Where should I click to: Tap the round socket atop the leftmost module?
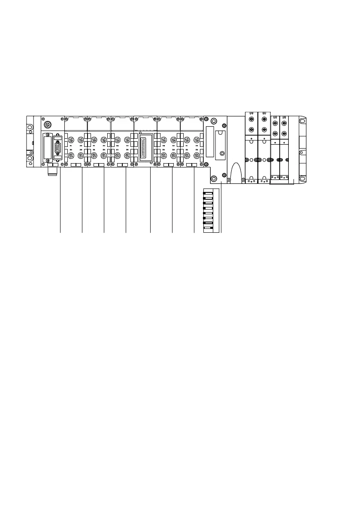48,122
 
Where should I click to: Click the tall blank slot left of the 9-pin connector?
47,146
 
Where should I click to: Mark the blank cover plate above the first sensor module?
76,124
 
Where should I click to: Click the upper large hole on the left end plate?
30,128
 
